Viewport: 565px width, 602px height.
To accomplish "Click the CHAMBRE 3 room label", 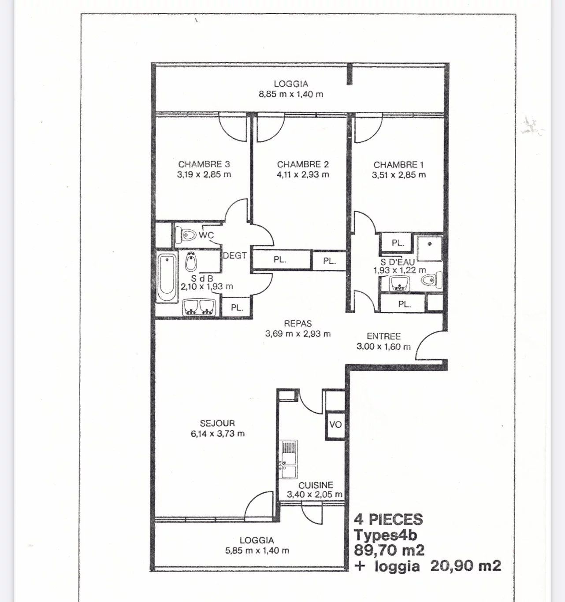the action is click(204, 164).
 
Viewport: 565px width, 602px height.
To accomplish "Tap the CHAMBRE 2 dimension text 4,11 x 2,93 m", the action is click(303, 174).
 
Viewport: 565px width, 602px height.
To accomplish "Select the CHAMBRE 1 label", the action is click(398, 165).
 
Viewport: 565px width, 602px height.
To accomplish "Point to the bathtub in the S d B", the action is click(167, 277).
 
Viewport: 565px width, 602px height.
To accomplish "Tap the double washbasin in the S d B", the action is click(199, 307).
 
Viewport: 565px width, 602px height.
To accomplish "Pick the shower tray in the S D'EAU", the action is click(429, 248).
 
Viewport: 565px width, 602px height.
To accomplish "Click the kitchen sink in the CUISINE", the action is click(289, 459).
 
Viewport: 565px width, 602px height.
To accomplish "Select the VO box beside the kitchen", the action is click(335, 425).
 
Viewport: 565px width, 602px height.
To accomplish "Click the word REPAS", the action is click(297, 323).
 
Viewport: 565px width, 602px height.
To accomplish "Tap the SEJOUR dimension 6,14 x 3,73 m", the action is click(218, 433).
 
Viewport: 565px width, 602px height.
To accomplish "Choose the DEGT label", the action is click(234, 255).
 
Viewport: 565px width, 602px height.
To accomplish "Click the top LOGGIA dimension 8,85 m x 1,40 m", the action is click(291, 94).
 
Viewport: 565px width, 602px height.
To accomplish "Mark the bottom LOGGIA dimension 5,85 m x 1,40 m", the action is click(256, 550).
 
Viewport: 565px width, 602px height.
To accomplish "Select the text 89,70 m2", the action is click(389, 550).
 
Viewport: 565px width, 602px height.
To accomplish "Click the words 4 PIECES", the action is click(388, 519).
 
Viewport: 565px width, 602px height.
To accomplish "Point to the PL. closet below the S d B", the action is click(237, 307).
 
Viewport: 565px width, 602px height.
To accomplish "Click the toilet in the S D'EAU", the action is click(431, 280).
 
